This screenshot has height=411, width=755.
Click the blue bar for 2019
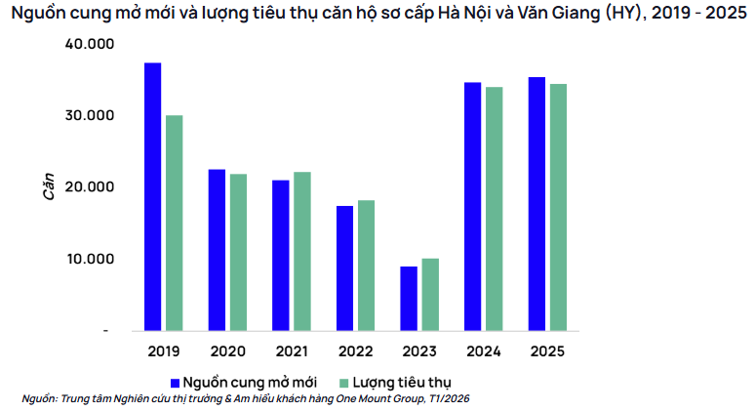pos(153,196)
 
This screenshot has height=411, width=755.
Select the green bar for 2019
pos(175,223)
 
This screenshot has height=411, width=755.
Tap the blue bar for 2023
pos(409,298)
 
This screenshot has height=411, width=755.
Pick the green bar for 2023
pos(430,294)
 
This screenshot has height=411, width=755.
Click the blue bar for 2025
pos(536,203)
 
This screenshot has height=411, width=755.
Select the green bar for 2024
pos(495,208)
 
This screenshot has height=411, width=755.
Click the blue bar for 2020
pos(217,250)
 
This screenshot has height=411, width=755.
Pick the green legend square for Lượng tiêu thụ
pos(343,381)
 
